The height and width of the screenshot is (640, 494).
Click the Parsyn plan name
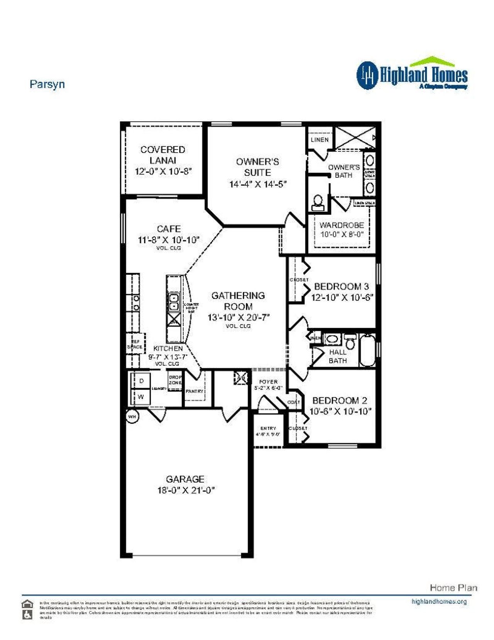pos(47,84)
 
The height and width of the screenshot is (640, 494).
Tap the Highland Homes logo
pos(412,74)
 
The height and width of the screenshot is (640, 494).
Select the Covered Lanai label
pos(162,155)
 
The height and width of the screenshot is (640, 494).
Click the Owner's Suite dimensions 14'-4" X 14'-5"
pos(257,184)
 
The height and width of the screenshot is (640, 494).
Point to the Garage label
pos(185,479)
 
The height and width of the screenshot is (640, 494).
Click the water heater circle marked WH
pos(132,417)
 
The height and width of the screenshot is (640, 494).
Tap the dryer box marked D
pos(142,381)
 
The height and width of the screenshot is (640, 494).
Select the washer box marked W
pos(141,397)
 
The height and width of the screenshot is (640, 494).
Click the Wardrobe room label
pos(342,225)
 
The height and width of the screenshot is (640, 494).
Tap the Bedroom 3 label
pos(341,286)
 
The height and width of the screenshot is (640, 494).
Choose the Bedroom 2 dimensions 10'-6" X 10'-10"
pos(340,412)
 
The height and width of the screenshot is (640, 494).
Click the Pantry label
pos(194,391)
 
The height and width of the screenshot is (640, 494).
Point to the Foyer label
pos(268,381)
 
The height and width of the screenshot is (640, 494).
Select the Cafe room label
pos(169,229)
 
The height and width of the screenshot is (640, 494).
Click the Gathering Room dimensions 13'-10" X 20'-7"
pos(238,318)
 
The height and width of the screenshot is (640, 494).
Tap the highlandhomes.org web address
pos(439,601)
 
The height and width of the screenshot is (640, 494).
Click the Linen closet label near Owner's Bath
pos(320,140)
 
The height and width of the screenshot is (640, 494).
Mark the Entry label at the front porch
pos(268,428)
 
